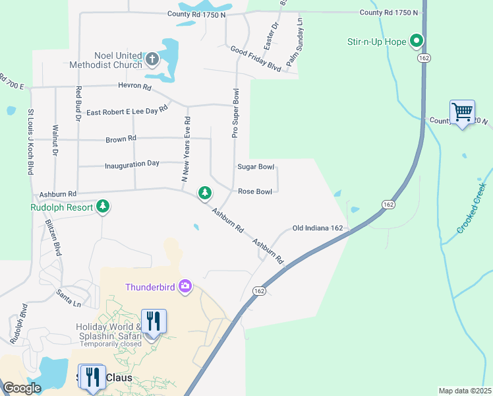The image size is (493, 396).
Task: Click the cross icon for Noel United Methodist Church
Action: pyautogui.click(x=152, y=59)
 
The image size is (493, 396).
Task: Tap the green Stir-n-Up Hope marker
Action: pyautogui.click(x=417, y=42)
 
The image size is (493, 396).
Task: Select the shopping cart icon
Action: pyautogui.click(x=462, y=112)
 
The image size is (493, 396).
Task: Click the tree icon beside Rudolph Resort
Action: pyautogui.click(x=103, y=206)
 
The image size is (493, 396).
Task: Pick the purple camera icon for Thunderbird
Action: pyautogui.click(x=185, y=286)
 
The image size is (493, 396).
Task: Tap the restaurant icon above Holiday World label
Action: pyautogui.click(x=153, y=321)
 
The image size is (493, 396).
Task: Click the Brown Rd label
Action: pyautogui.click(x=121, y=139)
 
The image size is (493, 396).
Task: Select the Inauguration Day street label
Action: pyautogui.click(x=132, y=163)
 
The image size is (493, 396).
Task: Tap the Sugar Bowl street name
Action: pyautogui.click(x=256, y=167)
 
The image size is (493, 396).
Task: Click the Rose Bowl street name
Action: pyautogui.click(x=254, y=191)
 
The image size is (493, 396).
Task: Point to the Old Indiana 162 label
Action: pyautogui.click(x=318, y=228)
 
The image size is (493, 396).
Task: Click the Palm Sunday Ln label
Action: pyautogui.click(x=294, y=42)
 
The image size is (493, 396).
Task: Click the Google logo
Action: pyautogui.click(x=22, y=388)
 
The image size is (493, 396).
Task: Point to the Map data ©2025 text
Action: pyautogui.click(x=465, y=390)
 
